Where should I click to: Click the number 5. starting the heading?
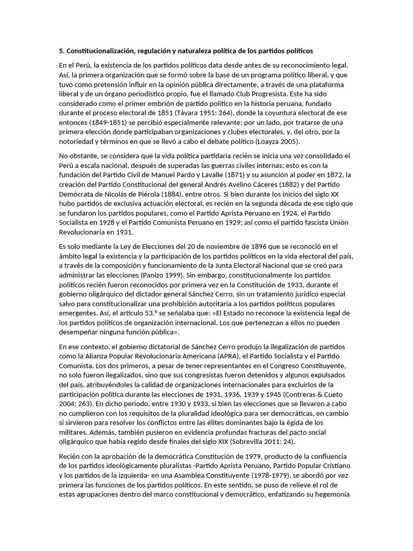62,51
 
